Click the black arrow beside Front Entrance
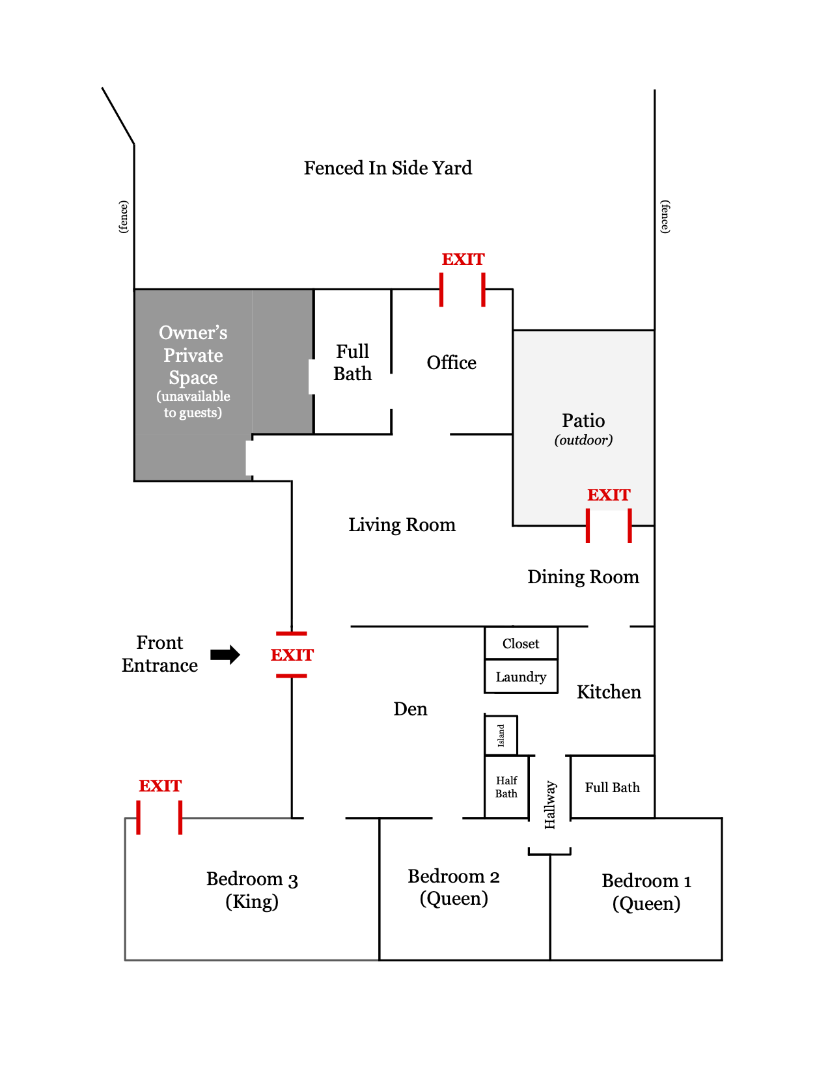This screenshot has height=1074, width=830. tap(225, 655)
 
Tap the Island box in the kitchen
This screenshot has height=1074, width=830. tap(501, 736)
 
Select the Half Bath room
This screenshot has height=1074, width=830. tap(506, 787)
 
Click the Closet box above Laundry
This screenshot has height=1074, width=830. tap(521, 644)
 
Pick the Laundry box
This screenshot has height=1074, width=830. tap(521, 677)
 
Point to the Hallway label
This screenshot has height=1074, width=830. tap(550, 805)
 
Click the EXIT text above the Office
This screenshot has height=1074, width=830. tap(463, 260)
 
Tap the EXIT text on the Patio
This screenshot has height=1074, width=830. tap(609, 495)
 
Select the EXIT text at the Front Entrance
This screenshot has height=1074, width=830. tap(292, 655)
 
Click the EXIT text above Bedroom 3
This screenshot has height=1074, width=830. tap(160, 786)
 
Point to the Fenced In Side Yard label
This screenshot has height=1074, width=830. tap(387, 169)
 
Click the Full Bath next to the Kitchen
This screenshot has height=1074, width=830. tap(612, 788)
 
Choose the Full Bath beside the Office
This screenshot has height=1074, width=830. tap(352, 363)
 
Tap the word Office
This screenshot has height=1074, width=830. tap(451, 363)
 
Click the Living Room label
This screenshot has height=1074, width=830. tap(402, 525)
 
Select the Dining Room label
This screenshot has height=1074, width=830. tap(583, 577)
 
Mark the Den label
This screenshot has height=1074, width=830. tap(410, 709)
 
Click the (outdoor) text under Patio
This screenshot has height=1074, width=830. tap(583, 441)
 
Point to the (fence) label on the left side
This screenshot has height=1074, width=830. tap(124, 217)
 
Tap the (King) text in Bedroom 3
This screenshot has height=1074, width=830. tap(252, 902)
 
